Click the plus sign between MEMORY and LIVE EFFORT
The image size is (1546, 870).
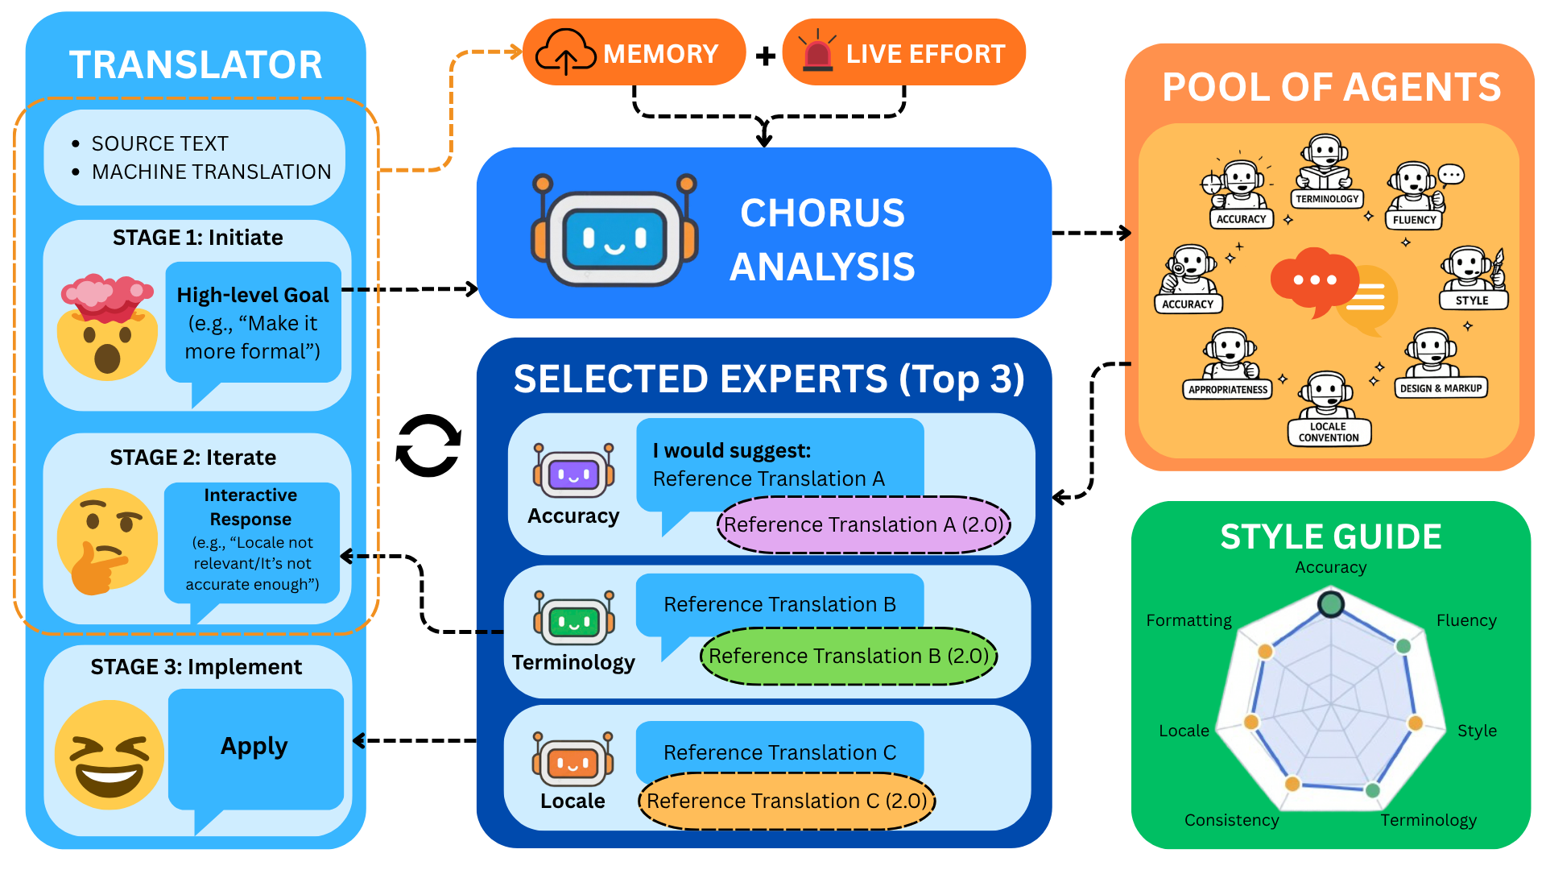(766, 56)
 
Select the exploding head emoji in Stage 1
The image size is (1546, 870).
(107, 326)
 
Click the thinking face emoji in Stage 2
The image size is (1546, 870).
(105, 541)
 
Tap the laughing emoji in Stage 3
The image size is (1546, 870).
(109, 755)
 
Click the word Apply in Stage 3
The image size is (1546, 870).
(254, 746)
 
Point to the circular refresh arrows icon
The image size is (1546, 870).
(428, 445)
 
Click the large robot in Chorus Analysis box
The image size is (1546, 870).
(614, 231)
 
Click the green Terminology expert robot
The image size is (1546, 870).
(573, 619)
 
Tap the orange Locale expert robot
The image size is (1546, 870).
(573, 760)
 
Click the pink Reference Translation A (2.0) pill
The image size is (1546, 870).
(863, 525)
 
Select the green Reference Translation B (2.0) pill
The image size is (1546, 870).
(848, 657)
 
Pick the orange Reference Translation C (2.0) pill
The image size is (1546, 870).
(787, 802)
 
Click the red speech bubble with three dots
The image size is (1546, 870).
(1312, 281)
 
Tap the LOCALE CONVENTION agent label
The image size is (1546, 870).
(1329, 433)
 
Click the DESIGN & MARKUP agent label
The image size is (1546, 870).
(1441, 388)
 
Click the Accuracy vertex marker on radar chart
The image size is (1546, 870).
(1331, 604)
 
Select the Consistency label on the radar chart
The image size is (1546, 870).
(1231, 820)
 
